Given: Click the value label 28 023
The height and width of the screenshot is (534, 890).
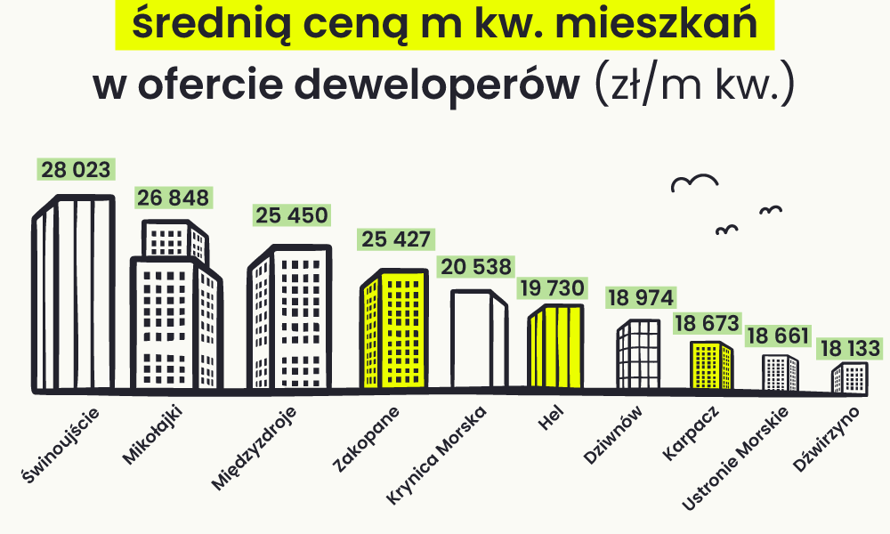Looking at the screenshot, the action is coord(76,169).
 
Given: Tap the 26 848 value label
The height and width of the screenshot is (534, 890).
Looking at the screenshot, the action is coord(174,198).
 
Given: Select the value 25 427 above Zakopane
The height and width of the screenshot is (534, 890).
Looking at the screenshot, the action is coord(396,239).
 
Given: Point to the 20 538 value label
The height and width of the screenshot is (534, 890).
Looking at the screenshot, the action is coord(475,266).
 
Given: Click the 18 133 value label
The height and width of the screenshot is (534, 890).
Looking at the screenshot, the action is coord(850,348).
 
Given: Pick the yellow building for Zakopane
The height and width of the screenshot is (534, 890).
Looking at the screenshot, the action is coord(394,328).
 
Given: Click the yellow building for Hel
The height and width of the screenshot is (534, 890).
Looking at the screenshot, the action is coord(555,347).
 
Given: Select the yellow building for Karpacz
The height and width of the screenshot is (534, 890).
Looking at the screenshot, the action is coord(712,366).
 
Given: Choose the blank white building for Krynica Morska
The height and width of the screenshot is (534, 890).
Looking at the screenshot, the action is coord(479,339).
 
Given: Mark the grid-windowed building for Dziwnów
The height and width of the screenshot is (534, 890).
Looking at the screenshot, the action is coord(638,355).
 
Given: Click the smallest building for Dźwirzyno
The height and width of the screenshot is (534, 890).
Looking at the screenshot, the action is coord(850,378).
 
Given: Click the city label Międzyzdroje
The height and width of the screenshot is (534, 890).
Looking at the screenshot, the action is coord(254,448).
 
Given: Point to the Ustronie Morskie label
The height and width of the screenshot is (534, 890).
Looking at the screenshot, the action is coord(735,458).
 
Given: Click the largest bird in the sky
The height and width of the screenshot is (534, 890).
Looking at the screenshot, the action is coord(694,182).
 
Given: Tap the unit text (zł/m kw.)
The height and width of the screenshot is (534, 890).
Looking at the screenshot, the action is coord(694,85).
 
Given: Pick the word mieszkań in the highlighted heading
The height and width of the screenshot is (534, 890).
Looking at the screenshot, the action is coord(656,23).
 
